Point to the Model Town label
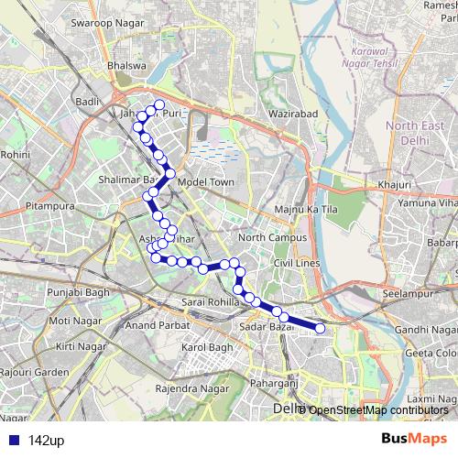click(x=207, y=181)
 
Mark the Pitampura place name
click(x=49, y=208)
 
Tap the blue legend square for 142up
click(x=13, y=441)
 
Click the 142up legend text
click(x=46, y=441)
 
